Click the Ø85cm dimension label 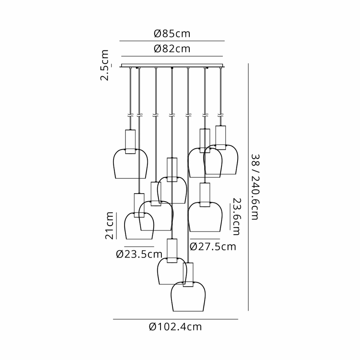click(172, 33)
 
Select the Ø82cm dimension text click(172, 49)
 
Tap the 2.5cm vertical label click(105, 65)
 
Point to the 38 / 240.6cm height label click(255, 187)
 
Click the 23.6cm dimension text click(237, 217)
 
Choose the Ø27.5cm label click(213, 246)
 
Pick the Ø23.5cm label click(139, 254)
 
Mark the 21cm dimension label click(109, 226)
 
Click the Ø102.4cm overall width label click(175, 327)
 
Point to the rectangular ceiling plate click(172, 65)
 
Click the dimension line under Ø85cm click(172, 41)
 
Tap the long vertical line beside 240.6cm click(249, 187)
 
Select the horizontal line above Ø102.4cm click(175, 319)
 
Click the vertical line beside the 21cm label click(116, 226)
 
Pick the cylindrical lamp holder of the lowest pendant click(188, 274)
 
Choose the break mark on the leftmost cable click(130, 115)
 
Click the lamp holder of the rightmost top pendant click(221, 138)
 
